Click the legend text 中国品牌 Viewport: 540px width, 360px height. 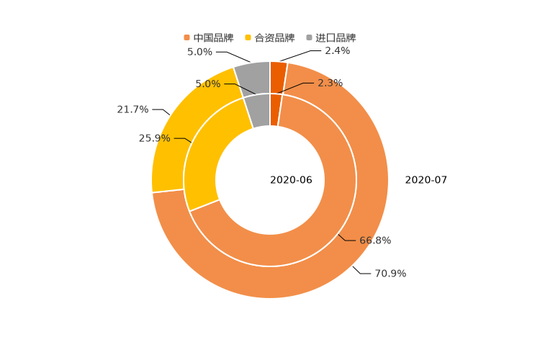(x=213, y=38)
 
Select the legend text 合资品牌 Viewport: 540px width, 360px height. (x=274, y=38)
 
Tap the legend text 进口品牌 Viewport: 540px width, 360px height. (x=336, y=38)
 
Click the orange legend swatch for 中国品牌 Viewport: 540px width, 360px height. (x=187, y=38)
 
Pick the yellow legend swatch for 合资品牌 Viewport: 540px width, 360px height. (x=248, y=38)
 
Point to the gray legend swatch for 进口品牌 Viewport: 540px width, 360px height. (x=310, y=38)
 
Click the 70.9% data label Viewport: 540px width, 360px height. (x=390, y=274)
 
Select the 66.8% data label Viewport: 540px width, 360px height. (x=375, y=240)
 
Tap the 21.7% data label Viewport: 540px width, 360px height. (x=132, y=109)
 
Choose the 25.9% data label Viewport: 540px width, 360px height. (x=154, y=138)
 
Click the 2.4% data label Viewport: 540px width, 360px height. (x=337, y=50)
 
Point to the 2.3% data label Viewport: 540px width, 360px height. (x=330, y=84)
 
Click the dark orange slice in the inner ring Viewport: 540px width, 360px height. (x=275, y=109)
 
